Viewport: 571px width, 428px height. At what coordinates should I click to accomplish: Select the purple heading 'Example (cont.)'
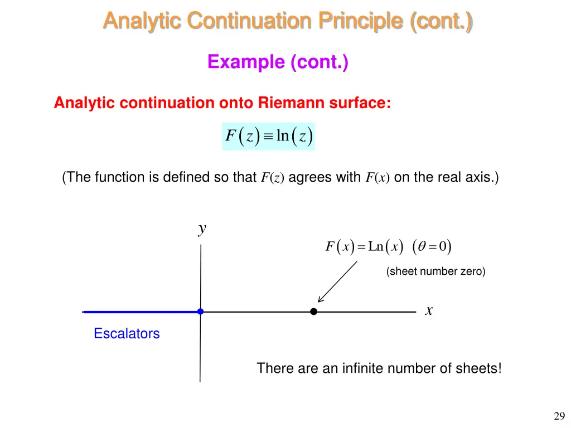pyautogui.click(x=278, y=61)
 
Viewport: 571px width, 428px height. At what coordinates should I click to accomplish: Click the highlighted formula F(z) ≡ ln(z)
pyautogui.click(x=268, y=137)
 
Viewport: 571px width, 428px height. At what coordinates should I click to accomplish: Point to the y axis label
pyautogui.click(x=202, y=228)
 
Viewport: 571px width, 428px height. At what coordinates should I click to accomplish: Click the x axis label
pyautogui.click(x=429, y=311)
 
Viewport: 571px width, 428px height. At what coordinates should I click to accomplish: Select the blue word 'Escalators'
pyautogui.click(x=127, y=334)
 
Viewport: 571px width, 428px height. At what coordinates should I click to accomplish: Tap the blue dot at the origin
pyautogui.click(x=200, y=312)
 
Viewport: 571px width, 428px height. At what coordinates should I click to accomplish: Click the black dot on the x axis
pyautogui.click(x=314, y=312)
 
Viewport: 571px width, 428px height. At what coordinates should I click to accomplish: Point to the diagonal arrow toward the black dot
pyautogui.click(x=337, y=281)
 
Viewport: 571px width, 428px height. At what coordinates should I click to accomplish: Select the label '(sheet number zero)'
pyautogui.click(x=435, y=272)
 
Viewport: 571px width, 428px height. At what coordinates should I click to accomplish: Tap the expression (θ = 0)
pyautogui.click(x=432, y=246)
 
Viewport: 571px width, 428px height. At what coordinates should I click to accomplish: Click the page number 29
pyautogui.click(x=559, y=416)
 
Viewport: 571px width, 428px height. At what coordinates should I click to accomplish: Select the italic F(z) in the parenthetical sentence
pyautogui.click(x=273, y=178)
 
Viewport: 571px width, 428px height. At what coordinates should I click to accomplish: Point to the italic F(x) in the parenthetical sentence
pyautogui.click(x=378, y=178)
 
